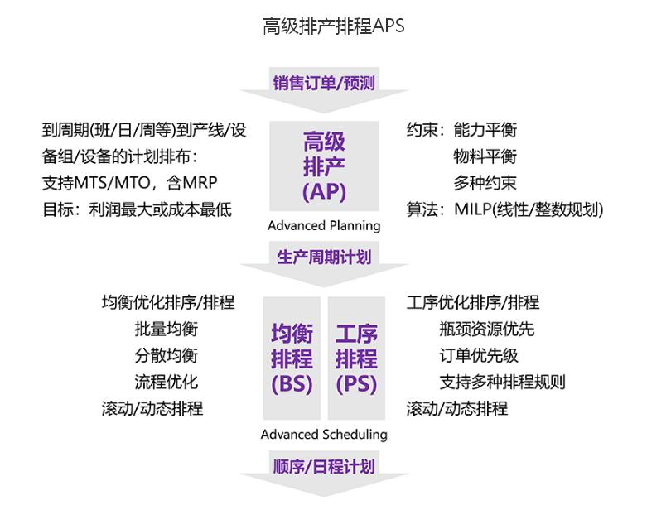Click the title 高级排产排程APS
[333, 26]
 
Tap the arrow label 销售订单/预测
[324, 83]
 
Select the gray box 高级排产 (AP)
[324, 166]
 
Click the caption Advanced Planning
[324, 225]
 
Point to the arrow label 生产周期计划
[324, 257]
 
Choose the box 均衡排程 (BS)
[292, 358]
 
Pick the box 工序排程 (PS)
[356, 358]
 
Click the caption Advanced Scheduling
[324, 435]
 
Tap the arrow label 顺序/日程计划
[324, 466]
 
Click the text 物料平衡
[485, 156]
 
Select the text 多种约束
[485, 183]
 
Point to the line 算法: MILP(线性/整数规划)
[505, 209]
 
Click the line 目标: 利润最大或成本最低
[137, 209]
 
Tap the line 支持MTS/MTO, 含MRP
[130, 183]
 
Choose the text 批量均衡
[167, 329]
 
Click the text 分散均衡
[167, 355]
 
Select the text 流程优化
[167, 382]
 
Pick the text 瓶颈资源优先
[487, 329]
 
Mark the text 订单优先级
[479, 355]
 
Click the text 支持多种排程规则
[502, 382]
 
